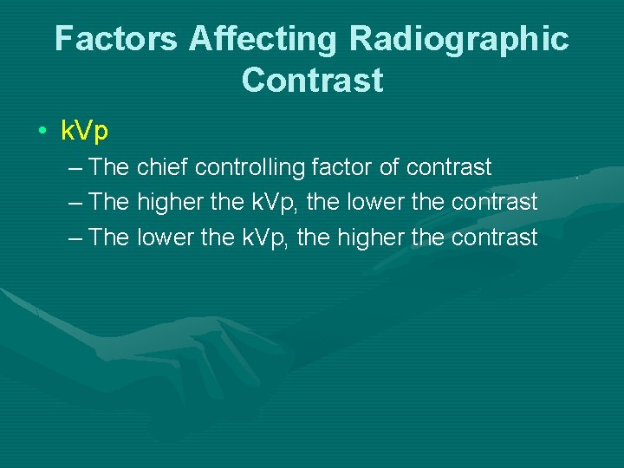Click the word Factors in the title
pos(117,39)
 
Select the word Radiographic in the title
pos(459,39)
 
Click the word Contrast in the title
pos(312,80)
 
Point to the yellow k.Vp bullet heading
pos(84,131)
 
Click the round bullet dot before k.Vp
pos(42,132)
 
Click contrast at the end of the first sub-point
pos(449,166)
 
